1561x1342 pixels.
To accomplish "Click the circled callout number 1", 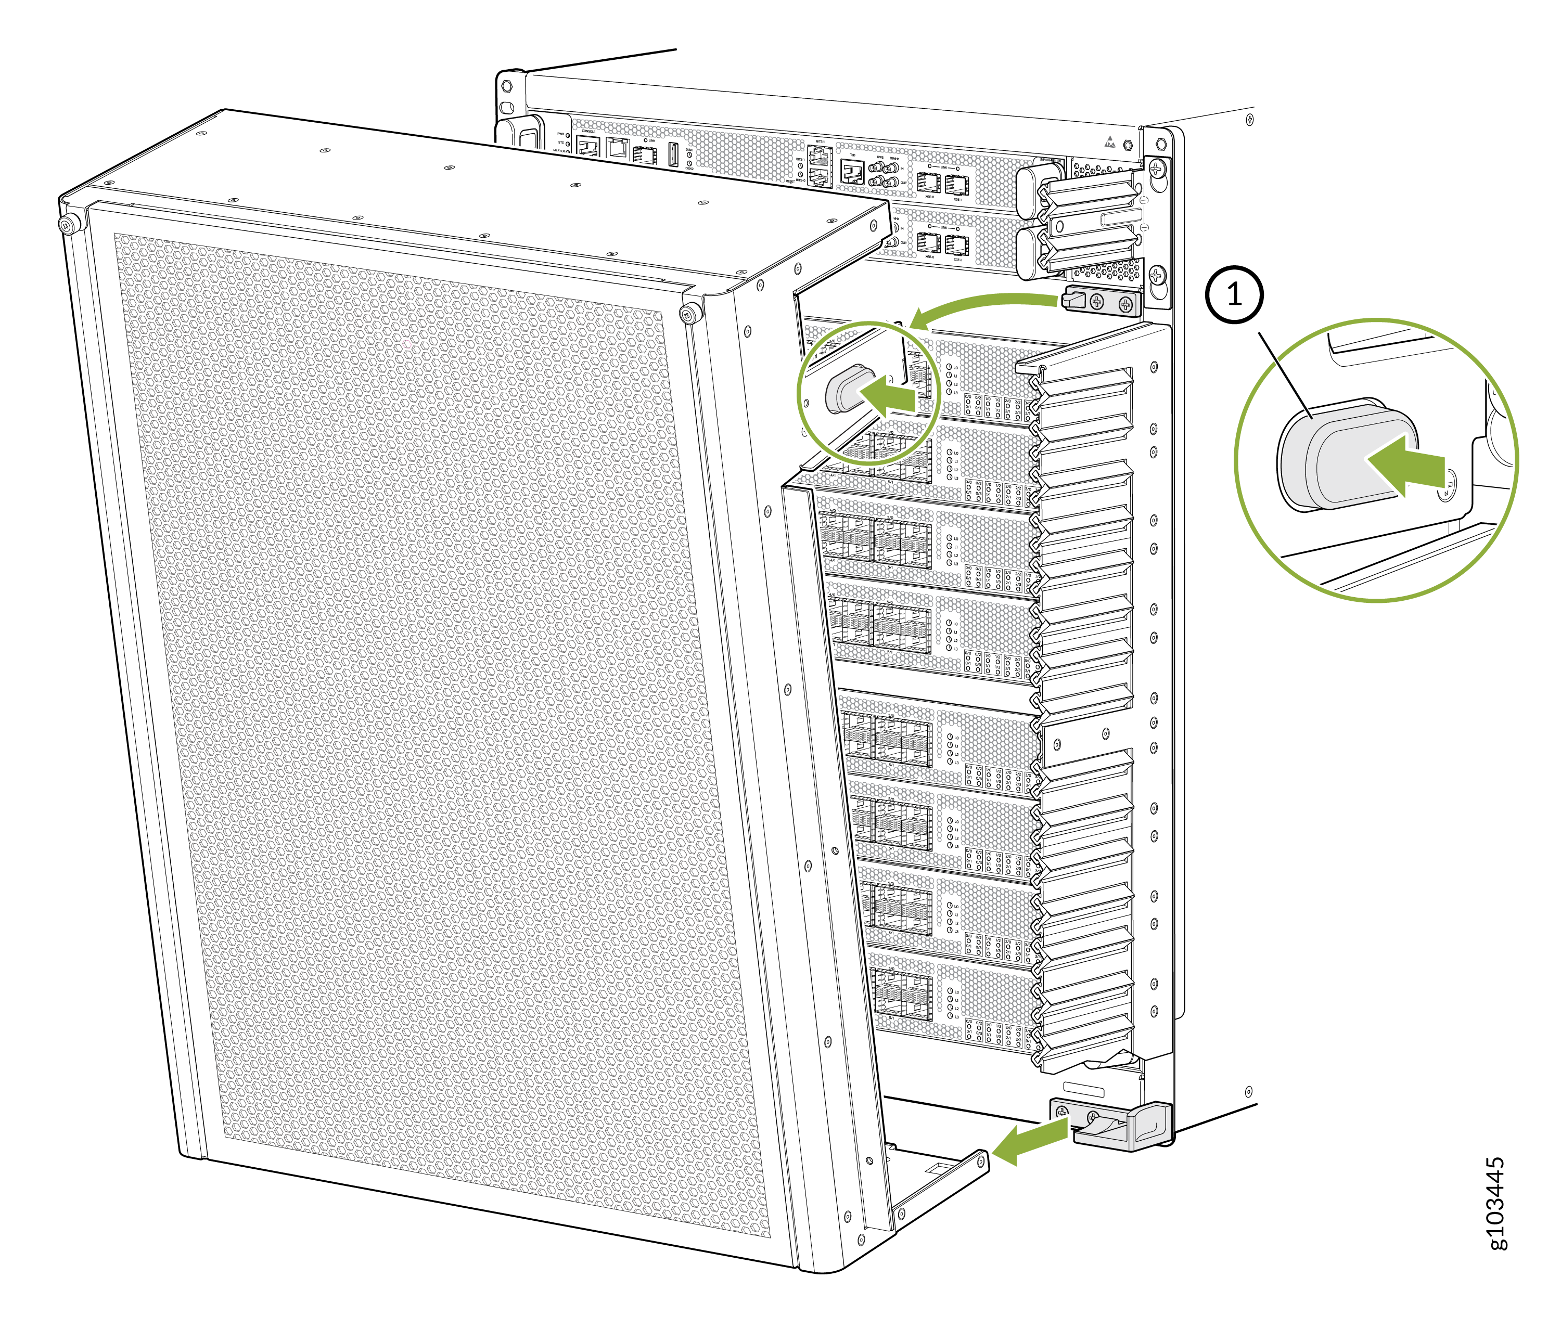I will click(x=1233, y=294).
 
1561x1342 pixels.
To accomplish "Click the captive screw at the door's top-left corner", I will click(x=70, y=224).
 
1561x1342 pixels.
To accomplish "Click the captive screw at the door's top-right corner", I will click(x=686, y=314).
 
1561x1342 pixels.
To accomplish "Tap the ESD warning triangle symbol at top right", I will click(x=1109, y=141).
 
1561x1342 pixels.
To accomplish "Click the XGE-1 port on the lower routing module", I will click(x=957, y=244).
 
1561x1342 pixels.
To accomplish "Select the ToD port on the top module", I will click(x=852, y=173).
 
